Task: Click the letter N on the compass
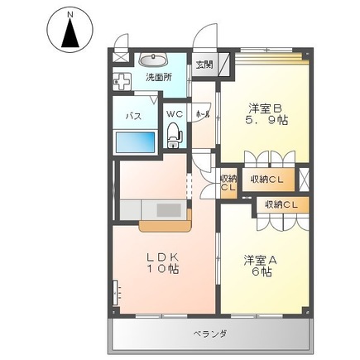coord(70,14)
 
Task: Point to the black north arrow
coord(70,35)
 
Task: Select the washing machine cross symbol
coord(122,83)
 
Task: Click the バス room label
coord(132,116)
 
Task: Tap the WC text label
coord(175,113)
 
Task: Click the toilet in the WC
coord(174,134)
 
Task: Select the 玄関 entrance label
coord(203,65)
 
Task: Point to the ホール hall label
coord(201,114)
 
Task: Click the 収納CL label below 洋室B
coord(266,179)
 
